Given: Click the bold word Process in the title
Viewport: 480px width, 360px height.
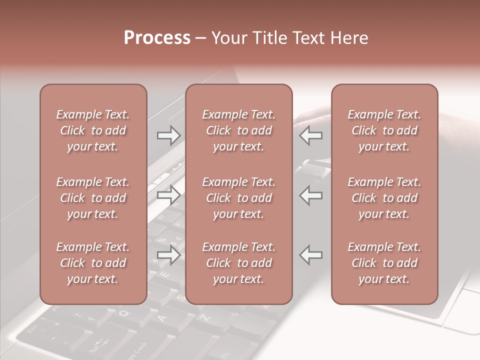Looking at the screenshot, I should point(157,38).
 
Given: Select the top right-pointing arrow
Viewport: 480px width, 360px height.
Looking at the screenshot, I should point(168,135).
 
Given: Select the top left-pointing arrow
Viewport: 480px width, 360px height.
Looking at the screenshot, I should point(311,135).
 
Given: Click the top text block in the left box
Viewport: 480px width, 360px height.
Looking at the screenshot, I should point(93,130).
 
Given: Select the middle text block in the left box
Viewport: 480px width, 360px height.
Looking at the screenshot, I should point(93,198).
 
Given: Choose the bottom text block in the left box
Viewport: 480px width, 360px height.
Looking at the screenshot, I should point(93,263).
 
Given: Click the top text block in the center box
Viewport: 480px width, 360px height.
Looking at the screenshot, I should point(238,130).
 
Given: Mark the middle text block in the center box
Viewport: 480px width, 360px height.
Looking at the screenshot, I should point(238,198).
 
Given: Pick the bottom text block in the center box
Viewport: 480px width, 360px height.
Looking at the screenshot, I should point(238,263).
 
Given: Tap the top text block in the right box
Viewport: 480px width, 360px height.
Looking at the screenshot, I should point(384,130).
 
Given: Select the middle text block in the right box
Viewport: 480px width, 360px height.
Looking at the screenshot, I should point(384,198).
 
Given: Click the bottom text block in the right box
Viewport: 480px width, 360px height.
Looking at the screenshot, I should point(384,263).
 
